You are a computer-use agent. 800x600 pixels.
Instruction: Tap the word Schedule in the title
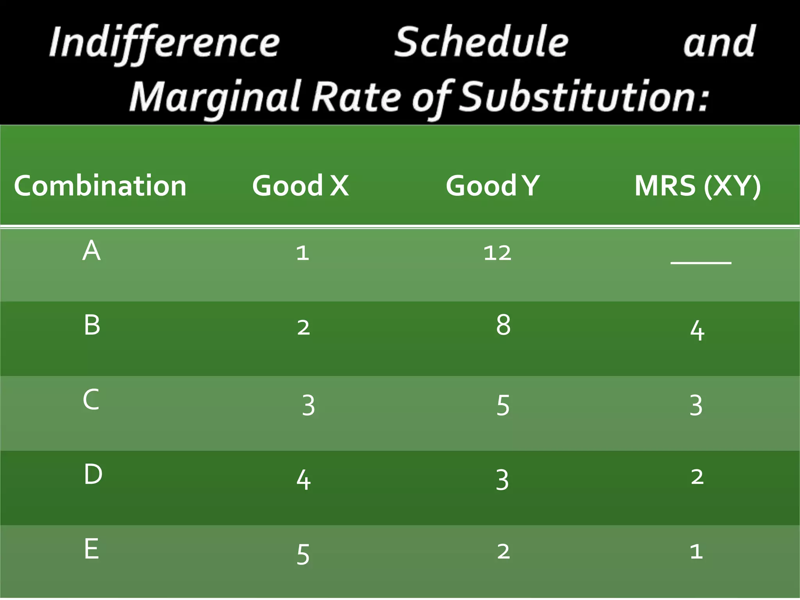pos(481,42)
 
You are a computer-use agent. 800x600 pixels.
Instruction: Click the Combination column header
pos(100,186)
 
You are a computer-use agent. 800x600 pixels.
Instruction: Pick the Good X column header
pos(300,186)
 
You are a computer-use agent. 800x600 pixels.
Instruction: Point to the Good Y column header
pos(493,186)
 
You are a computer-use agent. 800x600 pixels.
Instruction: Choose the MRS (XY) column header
pos(697,186)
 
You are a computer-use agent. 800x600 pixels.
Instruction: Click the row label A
pos(91,250)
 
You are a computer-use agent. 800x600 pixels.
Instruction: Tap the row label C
pos(91,400)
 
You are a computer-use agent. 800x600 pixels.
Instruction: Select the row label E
pos(91,549)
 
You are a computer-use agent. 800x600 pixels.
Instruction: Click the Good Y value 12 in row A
pos(497,253)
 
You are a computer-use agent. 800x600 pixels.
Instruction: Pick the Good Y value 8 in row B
pos(503,325)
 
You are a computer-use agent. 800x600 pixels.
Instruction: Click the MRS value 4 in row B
pos(697,331)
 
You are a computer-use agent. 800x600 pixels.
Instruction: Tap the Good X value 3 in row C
pos(308,405)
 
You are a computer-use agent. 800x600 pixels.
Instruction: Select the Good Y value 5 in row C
pos(503,405)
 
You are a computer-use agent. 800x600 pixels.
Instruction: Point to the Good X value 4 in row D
pos(304,480)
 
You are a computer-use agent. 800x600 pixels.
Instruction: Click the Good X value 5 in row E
pos(303,554)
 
